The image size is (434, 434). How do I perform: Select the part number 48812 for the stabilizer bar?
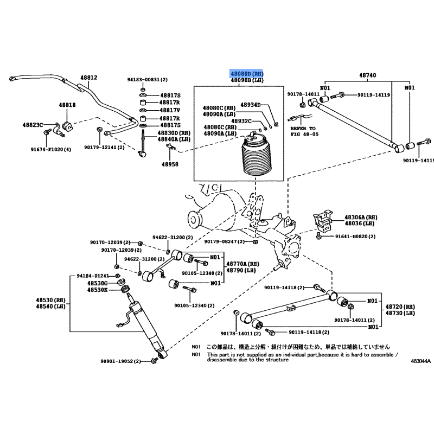[x=89, y=78]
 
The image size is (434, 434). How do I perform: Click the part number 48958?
[x=170, y=163]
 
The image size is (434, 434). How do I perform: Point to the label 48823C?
[x=33, y=125]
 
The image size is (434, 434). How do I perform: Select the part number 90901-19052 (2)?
[x=120, y=361]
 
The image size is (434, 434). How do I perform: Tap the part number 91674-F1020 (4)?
[x=51, y=149]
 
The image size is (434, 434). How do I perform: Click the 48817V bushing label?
[x=169, y=110]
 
